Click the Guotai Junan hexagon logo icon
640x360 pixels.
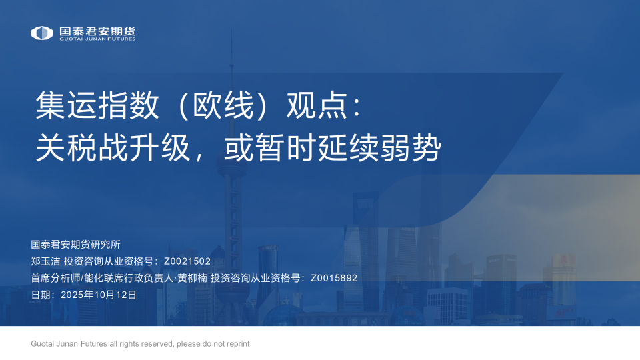[42, 33]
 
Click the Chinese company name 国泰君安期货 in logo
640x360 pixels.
[97, 31]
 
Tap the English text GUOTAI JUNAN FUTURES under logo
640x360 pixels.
[97, 39]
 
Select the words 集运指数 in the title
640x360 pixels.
[97, 105]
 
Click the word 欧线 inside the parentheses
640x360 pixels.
[223, 105]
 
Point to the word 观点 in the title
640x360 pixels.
[317, 105]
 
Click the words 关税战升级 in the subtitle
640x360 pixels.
[113, 147]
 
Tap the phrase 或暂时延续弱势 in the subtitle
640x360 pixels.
[333, 147]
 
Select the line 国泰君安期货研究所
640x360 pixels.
[75, 245]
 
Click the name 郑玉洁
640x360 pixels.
[45, 261]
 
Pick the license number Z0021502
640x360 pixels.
[187, 261]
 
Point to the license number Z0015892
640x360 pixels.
[334, 278]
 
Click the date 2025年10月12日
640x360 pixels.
[99, 295]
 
